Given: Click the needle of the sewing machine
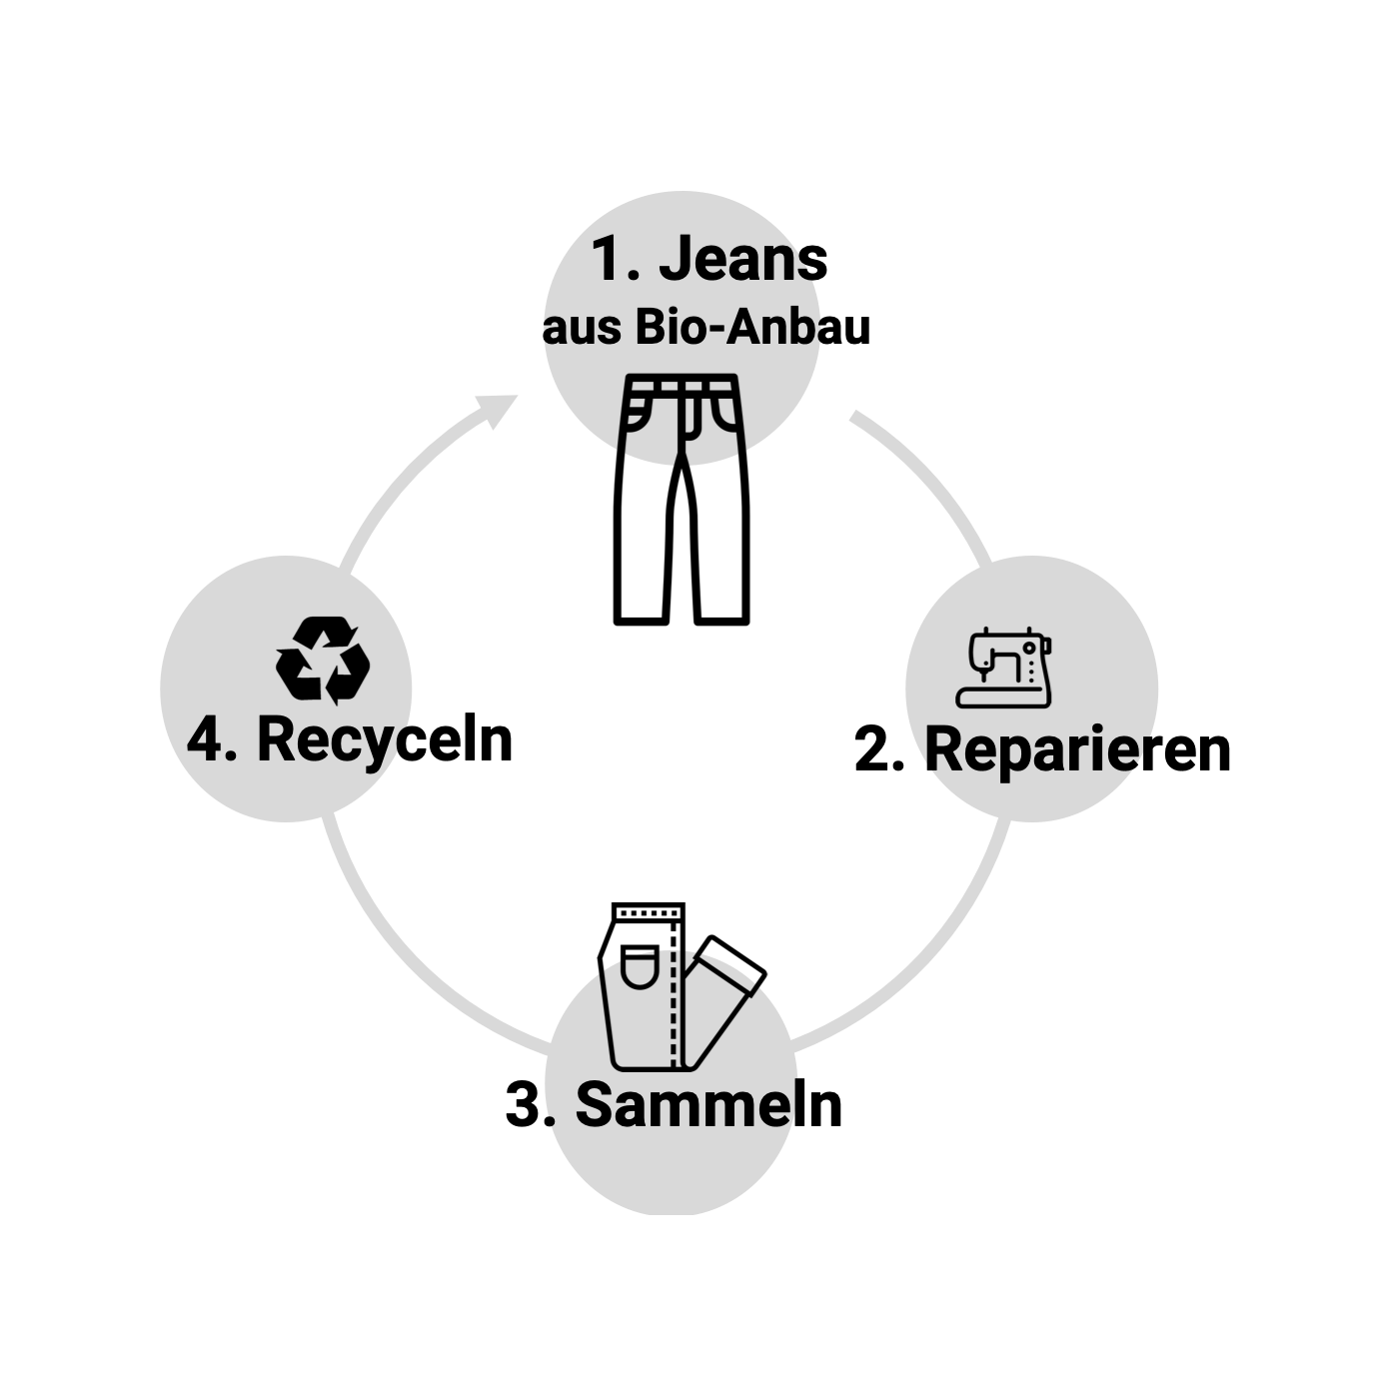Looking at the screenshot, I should (984, 675).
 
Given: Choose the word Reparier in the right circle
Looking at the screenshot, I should (1035, 750).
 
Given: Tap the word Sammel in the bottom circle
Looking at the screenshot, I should (686, 1105).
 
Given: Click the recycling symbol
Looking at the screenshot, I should (323, 659).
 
